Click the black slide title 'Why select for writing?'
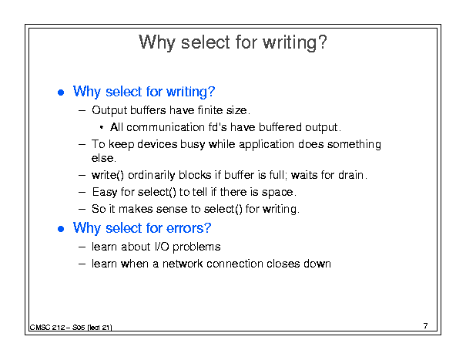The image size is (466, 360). click(233, 42)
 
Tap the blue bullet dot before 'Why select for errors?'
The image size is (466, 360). click(61, 229)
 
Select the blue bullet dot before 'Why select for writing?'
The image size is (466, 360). click(61, 93)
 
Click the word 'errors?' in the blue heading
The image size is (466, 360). click(189, 228)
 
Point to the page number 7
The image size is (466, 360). click(426, 326)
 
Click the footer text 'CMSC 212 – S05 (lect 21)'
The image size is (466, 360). click(71, 328)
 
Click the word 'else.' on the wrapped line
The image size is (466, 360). click(104, 158)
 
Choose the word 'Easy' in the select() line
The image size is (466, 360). click(105, 192)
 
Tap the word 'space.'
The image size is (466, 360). click(279, 193)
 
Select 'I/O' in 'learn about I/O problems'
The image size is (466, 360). click(162, 247)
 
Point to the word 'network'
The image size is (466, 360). click(183, 264)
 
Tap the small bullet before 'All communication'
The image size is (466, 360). click(102, 128)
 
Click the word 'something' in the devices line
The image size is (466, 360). click(354, 145)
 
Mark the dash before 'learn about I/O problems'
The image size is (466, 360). click(82, 247)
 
